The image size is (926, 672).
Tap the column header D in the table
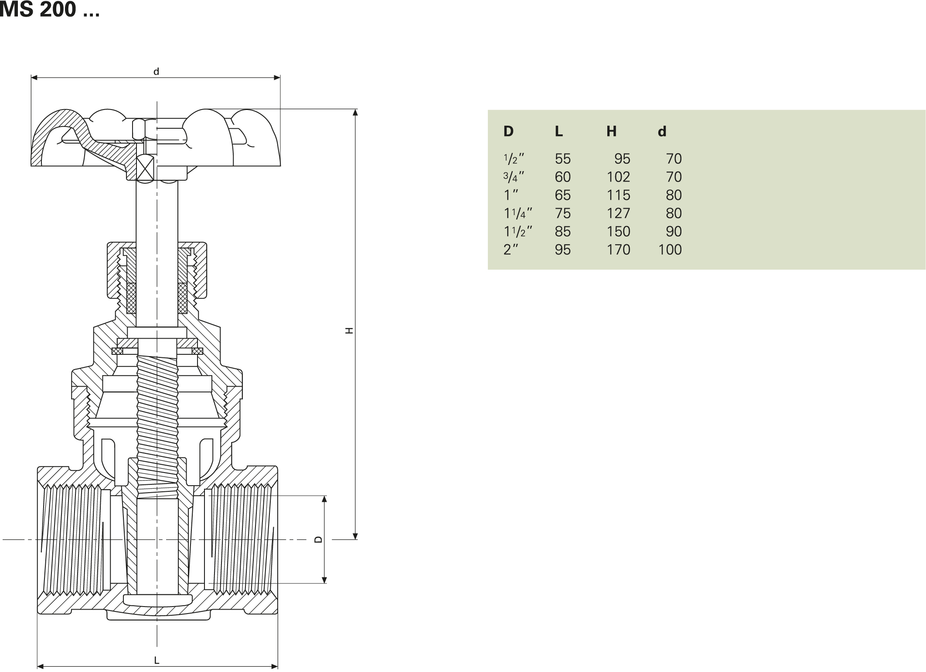click(x=508, y=131)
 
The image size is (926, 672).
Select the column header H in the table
click(x=611, y=131)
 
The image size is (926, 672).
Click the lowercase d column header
click(x=662, y=131)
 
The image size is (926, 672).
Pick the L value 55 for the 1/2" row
click(x=562, y=159)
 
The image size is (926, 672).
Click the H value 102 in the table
click(x=618, y=177)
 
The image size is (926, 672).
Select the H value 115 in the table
click(x=618, y=195)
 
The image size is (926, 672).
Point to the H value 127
click(x=618, y=213)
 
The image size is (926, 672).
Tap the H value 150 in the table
click(x=618, y=232)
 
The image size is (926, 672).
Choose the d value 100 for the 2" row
click(x=670, y=250)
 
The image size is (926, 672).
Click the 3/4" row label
click(x=514, y=177)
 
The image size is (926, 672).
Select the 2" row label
click(x=511, y=250)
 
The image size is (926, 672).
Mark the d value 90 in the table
click(x=674, y=232)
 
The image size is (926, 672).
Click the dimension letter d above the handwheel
click(x=156, y=72)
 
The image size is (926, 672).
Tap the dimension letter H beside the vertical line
click(x=349, y=331)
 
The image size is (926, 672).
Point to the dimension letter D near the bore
click(x=319, y=539)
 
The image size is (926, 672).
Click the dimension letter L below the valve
click(x=157, y=660)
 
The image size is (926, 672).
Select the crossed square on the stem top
click(x=145, y=168)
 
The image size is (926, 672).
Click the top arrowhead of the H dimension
click(x=355, y=112)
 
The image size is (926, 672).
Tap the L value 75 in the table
click(x=562, y=213)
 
